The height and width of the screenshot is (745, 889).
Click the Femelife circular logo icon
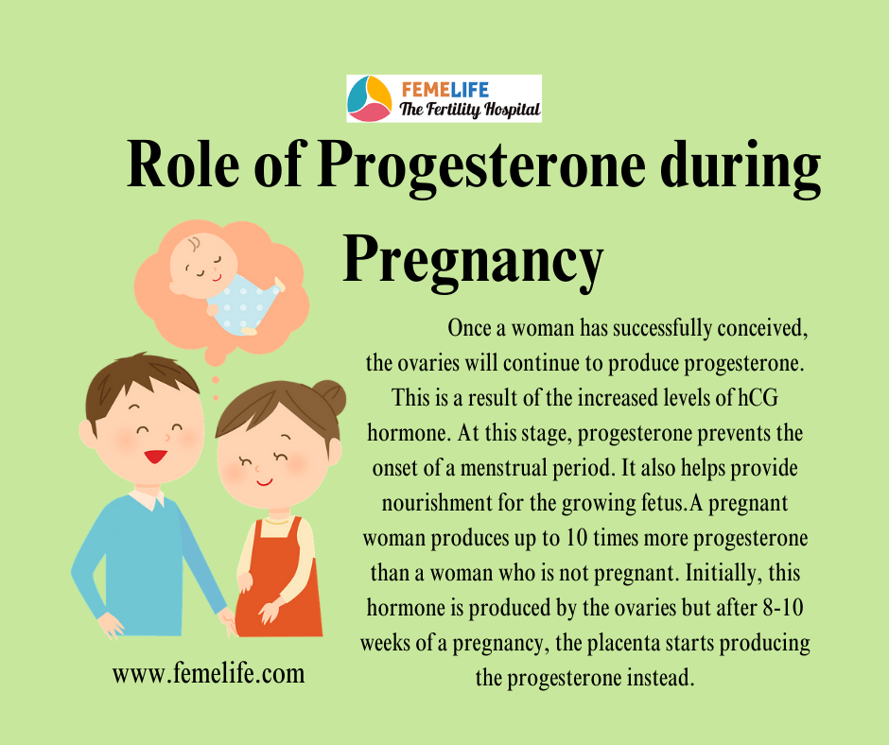[369, 98]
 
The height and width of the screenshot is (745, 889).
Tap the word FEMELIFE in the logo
[445, 90]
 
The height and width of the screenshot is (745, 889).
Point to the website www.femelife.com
[208, 674]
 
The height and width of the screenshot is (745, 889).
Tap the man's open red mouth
[155, 456]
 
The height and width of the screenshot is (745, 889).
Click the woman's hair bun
[331, 397]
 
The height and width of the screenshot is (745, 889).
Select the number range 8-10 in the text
[783, 608]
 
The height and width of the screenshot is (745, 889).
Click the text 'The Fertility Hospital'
[470, 110]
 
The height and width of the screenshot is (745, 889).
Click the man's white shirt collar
[147, 499]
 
